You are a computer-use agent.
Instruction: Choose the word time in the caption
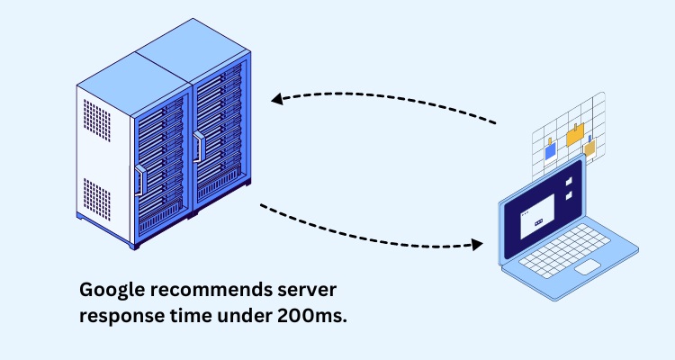pos(186,317)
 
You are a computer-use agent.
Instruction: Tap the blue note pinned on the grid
pos(550,151)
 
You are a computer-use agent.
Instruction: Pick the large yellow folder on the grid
pos(575,135)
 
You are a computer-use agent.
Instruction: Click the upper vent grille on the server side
pos(94,118)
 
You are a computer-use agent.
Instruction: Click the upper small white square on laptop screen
pos(569,179)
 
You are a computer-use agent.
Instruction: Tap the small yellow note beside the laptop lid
pos(590,147)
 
